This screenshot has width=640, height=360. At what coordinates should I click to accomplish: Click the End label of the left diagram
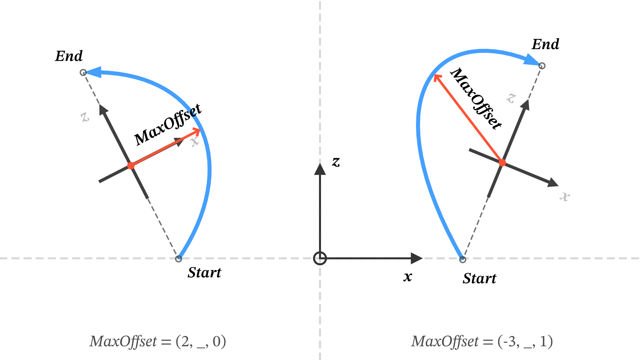(69, 56)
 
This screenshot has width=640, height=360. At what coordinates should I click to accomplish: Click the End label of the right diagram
(545, 44)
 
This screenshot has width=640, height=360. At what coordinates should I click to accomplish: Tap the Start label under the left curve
(204, 273)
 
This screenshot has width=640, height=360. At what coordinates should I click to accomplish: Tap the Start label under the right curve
(479, 278)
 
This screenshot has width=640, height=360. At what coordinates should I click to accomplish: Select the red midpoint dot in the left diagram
(131, 166)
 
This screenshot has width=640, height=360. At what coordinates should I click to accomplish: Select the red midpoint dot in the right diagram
(502, 163)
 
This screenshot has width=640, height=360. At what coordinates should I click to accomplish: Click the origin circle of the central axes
(320, 258)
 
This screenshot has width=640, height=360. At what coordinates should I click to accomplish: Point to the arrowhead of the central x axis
(417, 258)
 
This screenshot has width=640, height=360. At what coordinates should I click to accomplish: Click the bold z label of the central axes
(336, 162)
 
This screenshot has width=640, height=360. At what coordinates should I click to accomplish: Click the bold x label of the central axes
(408, 277)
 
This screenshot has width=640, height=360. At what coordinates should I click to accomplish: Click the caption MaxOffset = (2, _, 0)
(158, 341)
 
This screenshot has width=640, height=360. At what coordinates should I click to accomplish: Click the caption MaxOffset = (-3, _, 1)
(482, 341)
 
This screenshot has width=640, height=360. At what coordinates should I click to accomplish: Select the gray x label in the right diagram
(565, 196)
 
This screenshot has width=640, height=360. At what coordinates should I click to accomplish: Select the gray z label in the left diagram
(85, 117)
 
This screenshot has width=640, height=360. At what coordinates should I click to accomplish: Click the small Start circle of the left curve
(179, 259)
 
